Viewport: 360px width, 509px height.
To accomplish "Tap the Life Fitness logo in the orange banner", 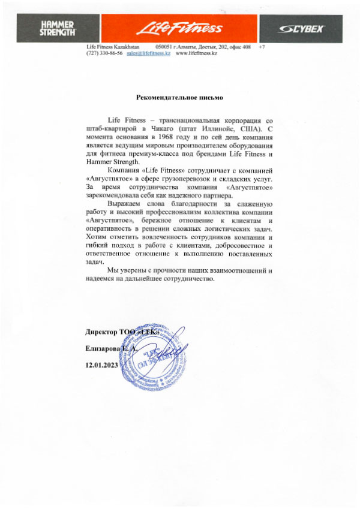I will click(180, 28).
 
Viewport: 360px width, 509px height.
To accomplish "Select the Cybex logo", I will click(304, 29).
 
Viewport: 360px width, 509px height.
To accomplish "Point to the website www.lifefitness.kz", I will click(196, 53).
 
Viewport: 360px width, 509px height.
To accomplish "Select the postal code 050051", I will click(164, 46).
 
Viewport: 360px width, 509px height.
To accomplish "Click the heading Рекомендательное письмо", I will click(180, 95).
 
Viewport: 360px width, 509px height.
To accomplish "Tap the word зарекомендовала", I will click(112, 195).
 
